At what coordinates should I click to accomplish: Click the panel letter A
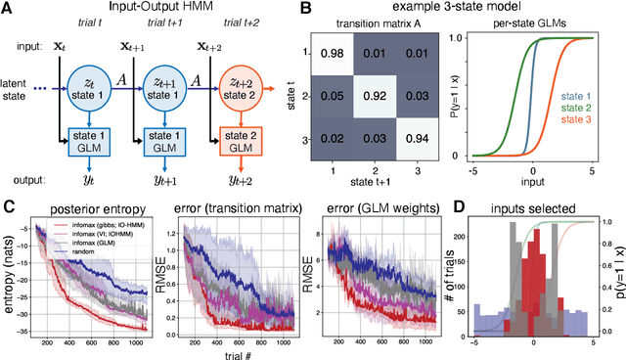click(10, 11)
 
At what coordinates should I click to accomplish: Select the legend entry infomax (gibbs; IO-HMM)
click(83, 219)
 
